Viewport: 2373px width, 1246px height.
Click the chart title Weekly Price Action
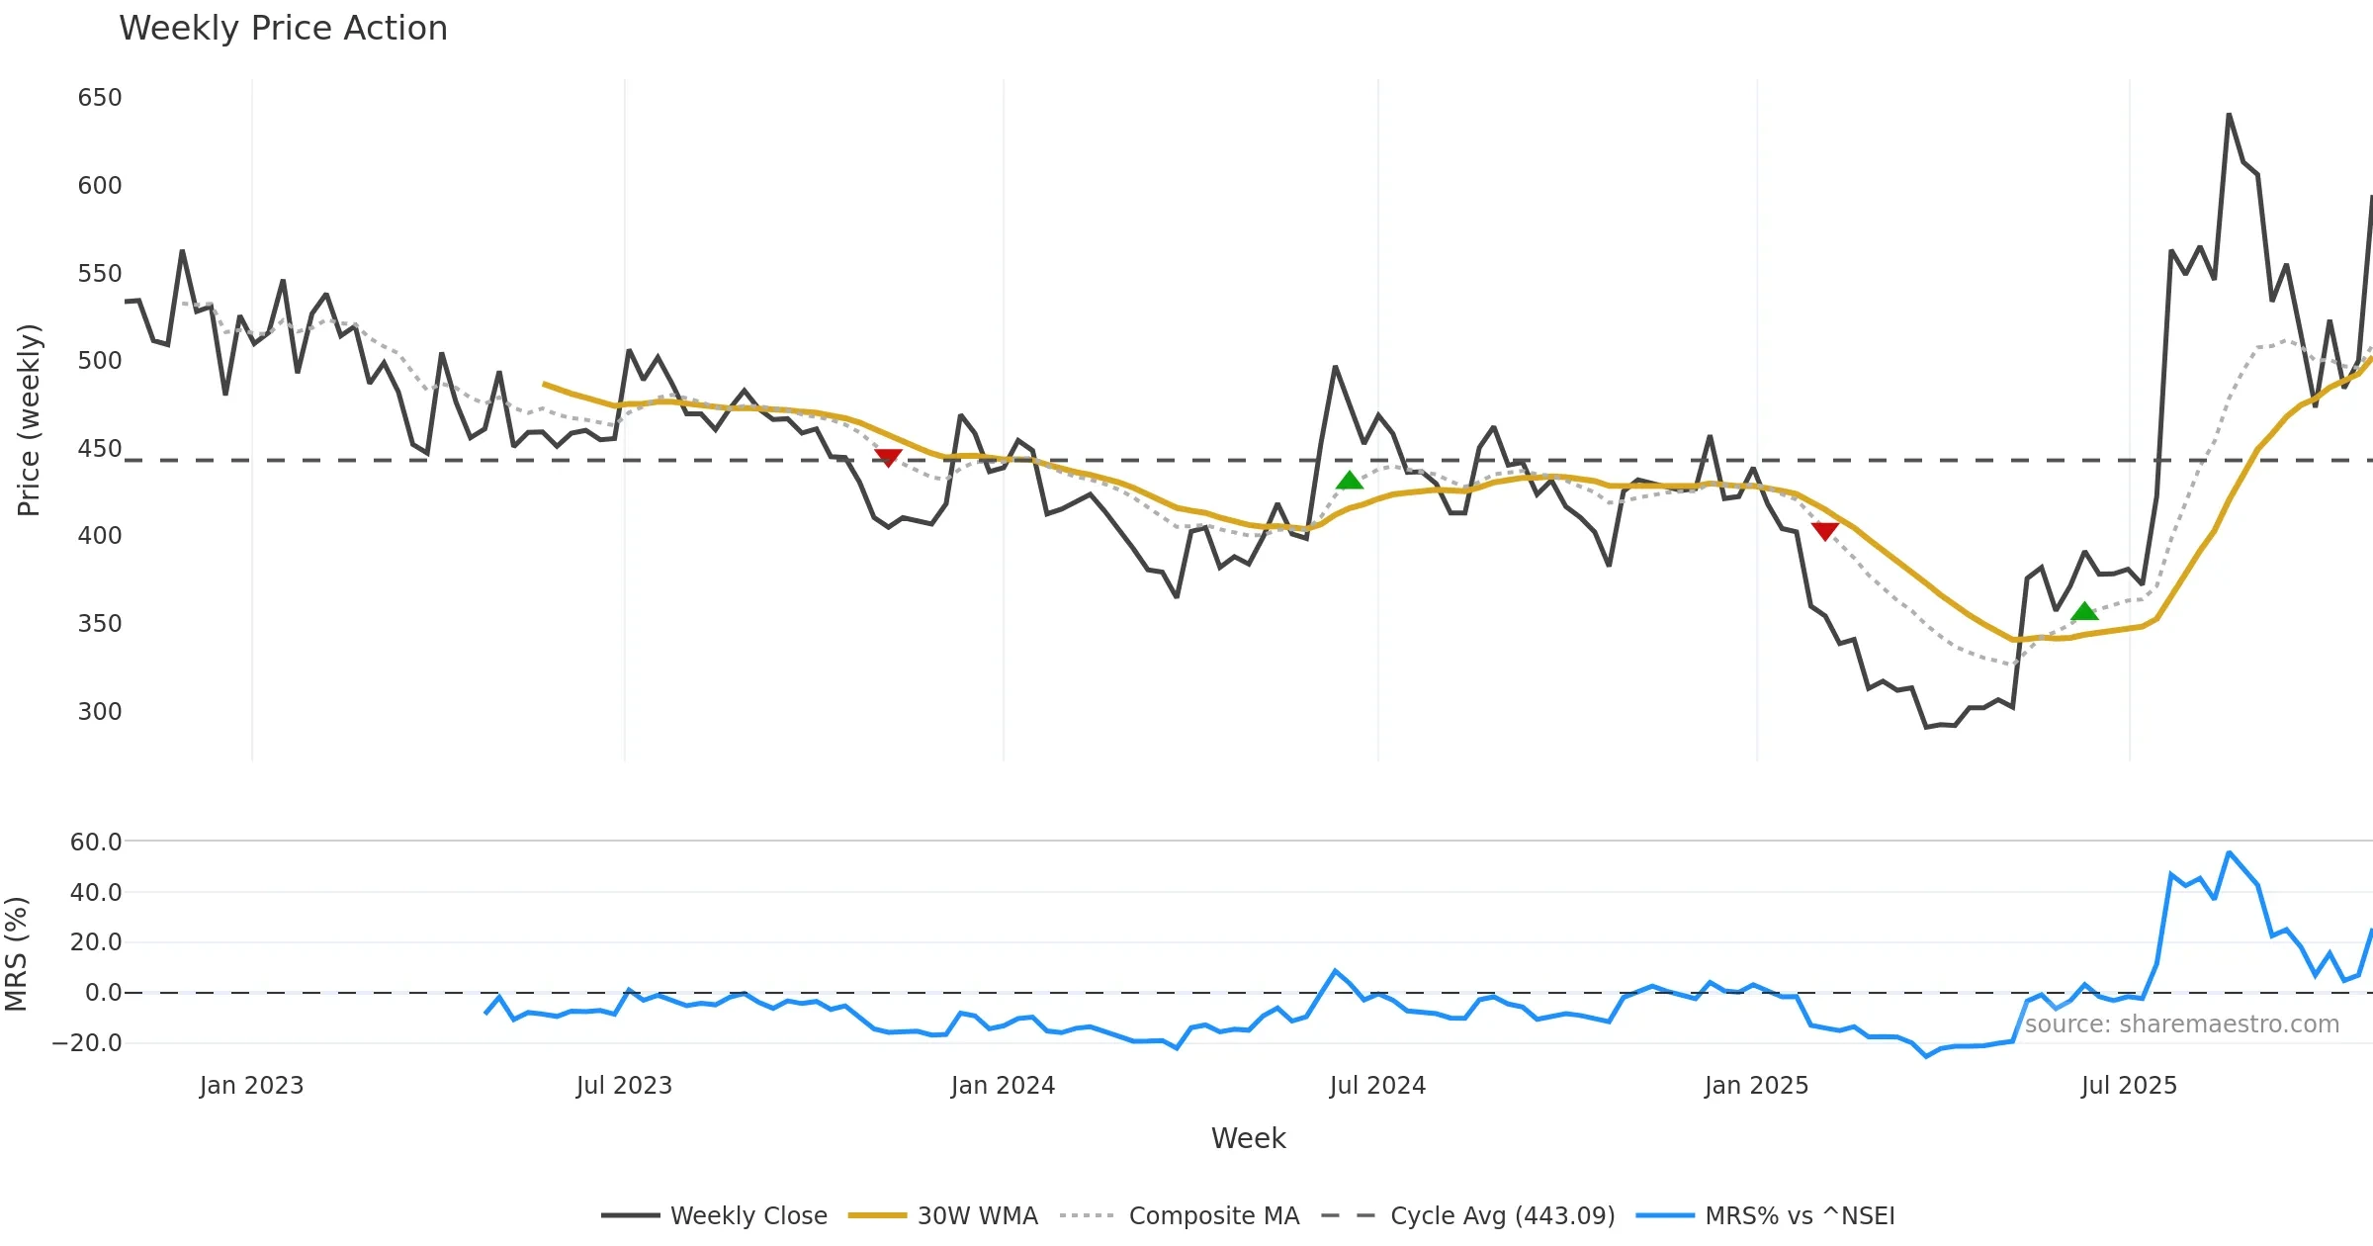coord(283,29)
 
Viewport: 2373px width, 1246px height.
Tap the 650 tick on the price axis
coord(100,98)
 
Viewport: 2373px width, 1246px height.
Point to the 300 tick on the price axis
coord(100,712)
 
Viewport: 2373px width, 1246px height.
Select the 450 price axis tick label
coord(100,449)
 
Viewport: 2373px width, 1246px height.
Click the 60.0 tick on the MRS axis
coord(96,843)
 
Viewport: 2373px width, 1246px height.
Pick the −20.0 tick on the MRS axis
coord(87,1043)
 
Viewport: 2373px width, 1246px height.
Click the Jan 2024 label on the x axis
coord(1003,1086)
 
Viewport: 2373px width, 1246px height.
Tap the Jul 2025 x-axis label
coord(2129,1086)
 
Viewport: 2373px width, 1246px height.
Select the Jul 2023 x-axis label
coord(624,1086)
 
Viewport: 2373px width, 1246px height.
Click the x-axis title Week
coord(1248,1139)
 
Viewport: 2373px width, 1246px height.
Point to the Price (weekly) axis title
coord(29,420)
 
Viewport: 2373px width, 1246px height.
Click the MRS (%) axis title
coord(16,954)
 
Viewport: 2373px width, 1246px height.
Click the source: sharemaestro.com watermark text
coord(2181,1024)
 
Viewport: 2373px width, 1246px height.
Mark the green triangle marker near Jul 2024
coord(1350,481)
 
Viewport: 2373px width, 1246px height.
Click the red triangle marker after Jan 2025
coord(1825,531)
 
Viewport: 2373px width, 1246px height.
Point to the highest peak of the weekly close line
coord(2229,115)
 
